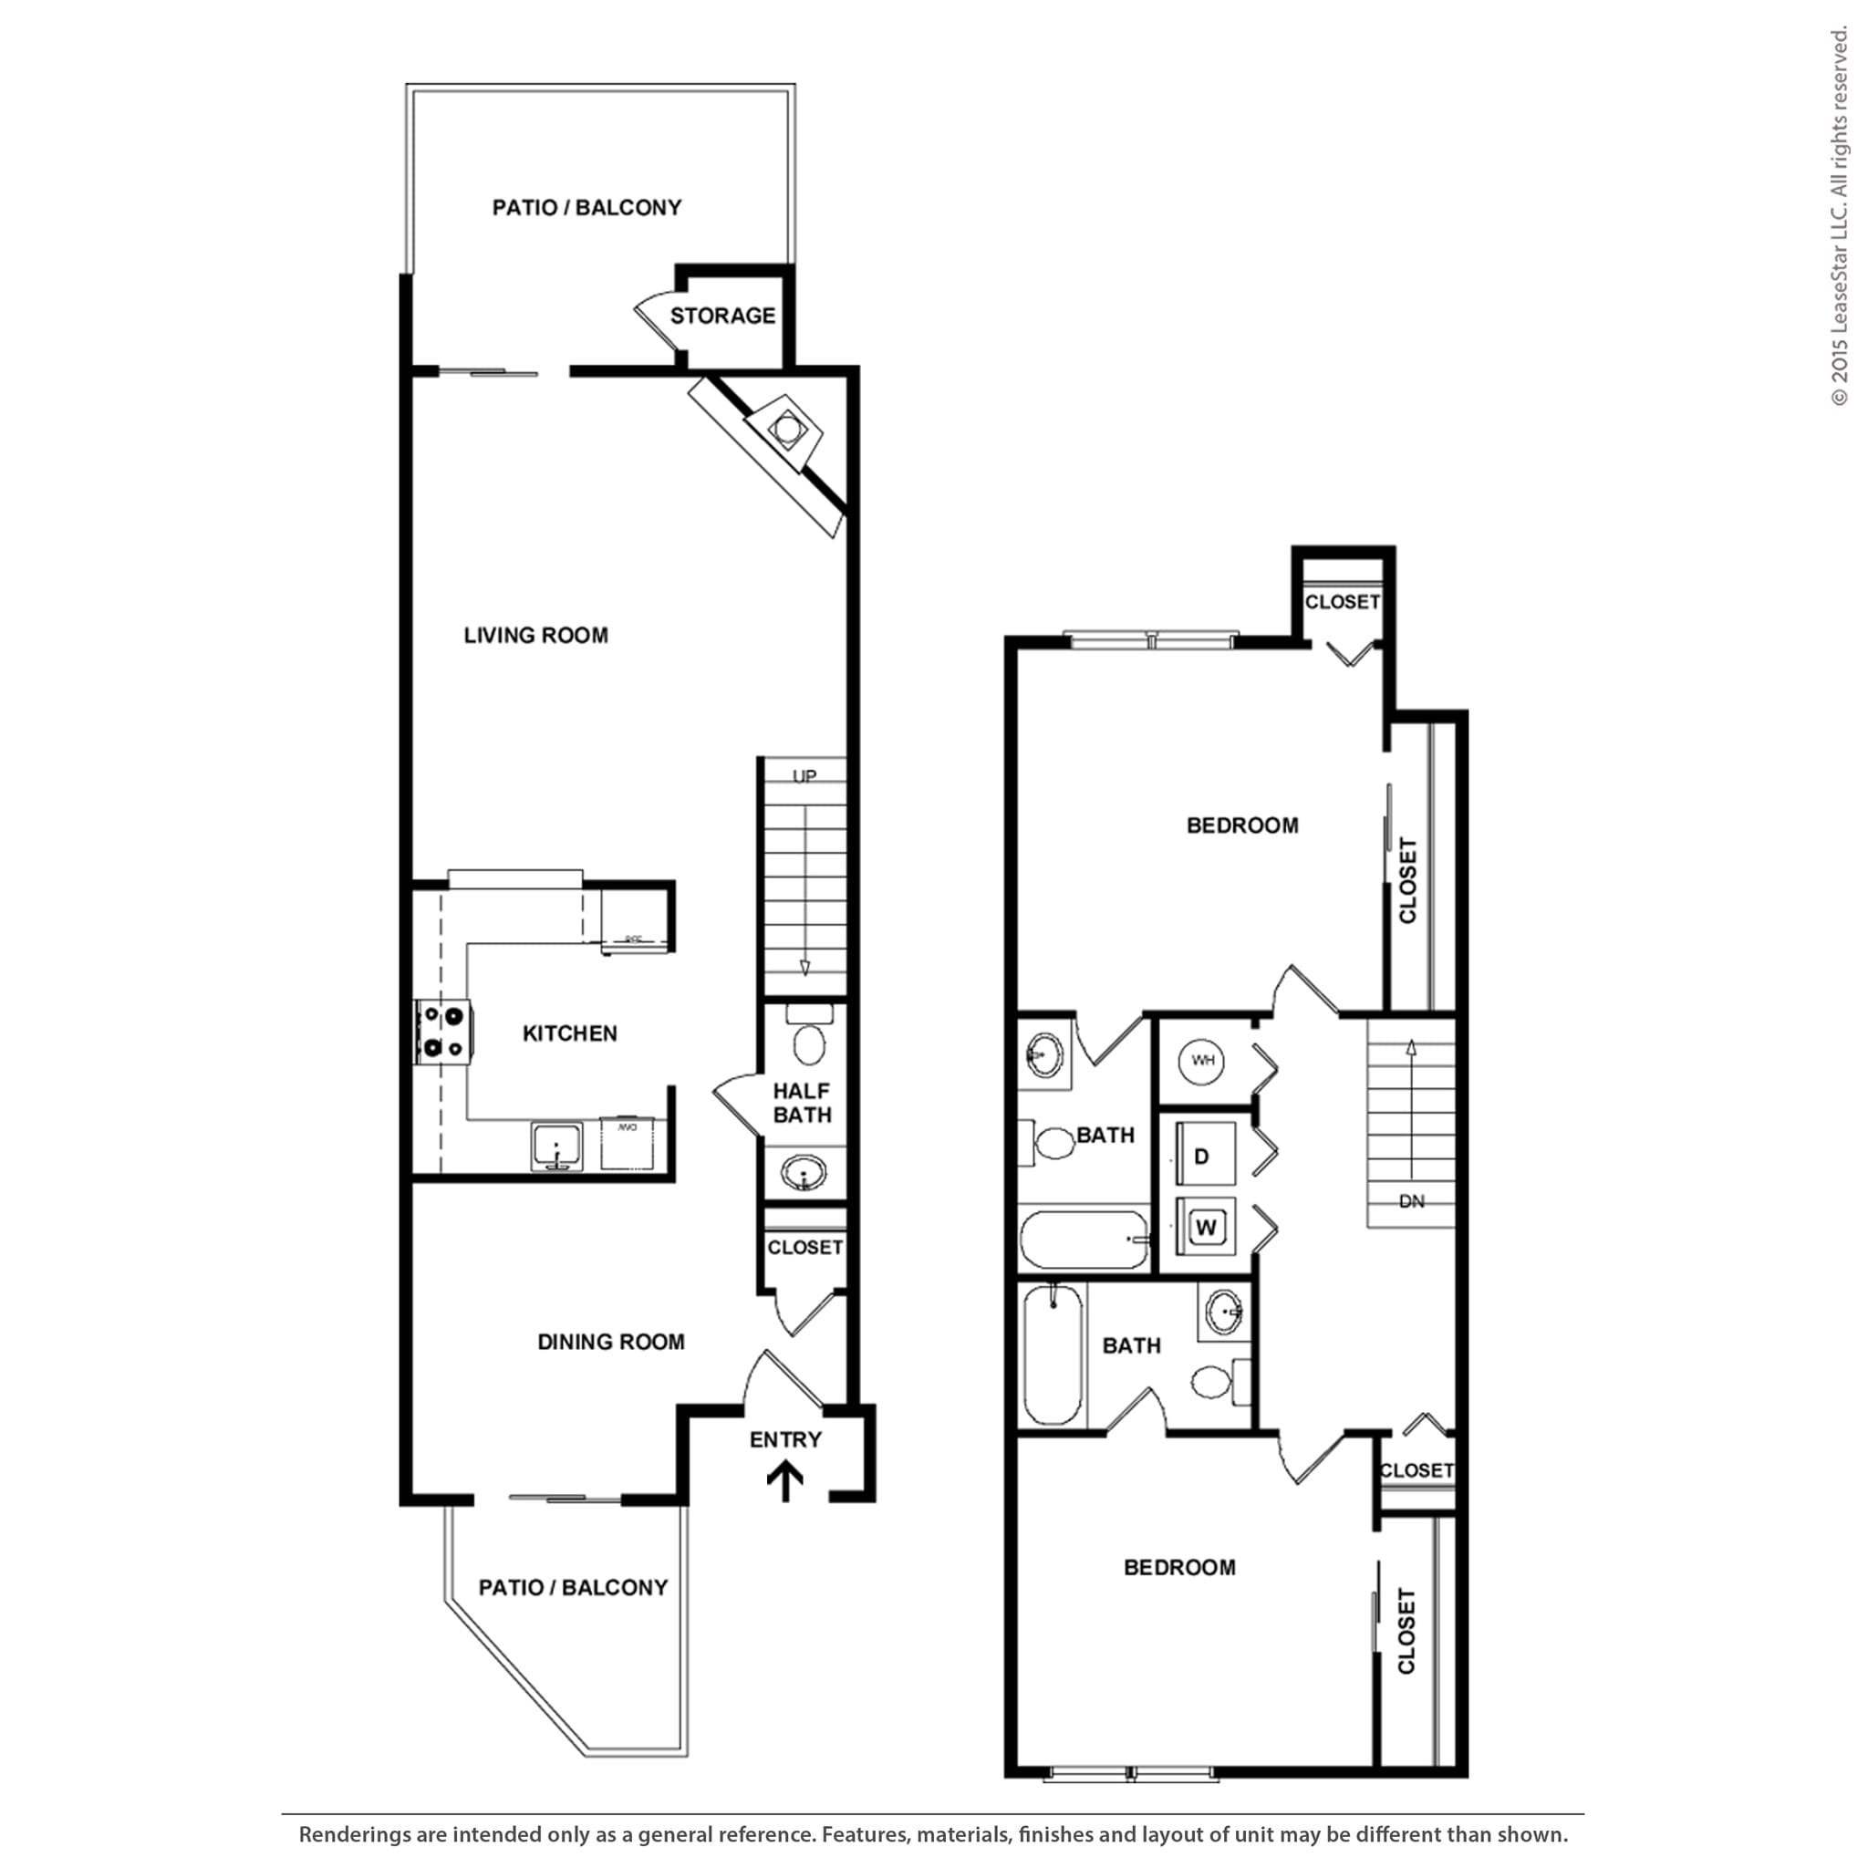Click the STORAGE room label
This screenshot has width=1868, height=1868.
coord(722,317)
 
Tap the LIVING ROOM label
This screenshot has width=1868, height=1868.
coord(535,635)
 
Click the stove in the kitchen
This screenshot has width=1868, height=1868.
coord(442,1032)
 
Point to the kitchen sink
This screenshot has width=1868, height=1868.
coord(556,1147)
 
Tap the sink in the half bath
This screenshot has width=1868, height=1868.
coord(804,1175)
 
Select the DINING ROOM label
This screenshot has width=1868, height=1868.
coord(610,1342)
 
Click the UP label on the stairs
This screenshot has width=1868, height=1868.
coord(804,776)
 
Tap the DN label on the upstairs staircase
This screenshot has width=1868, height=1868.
coord(1412,1202)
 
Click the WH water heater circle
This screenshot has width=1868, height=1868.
coord(1202,1061)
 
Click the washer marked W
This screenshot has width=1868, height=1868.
coord(1206,1228)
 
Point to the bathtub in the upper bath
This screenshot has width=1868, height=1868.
coord(1084,1240)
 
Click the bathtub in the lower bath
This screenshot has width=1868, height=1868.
coord(1052,1354)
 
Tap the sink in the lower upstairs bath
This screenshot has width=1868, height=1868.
coord(1224,1312)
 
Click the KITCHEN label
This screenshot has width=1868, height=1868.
coord(569,1033)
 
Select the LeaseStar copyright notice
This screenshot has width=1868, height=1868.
coord(1838,218)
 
